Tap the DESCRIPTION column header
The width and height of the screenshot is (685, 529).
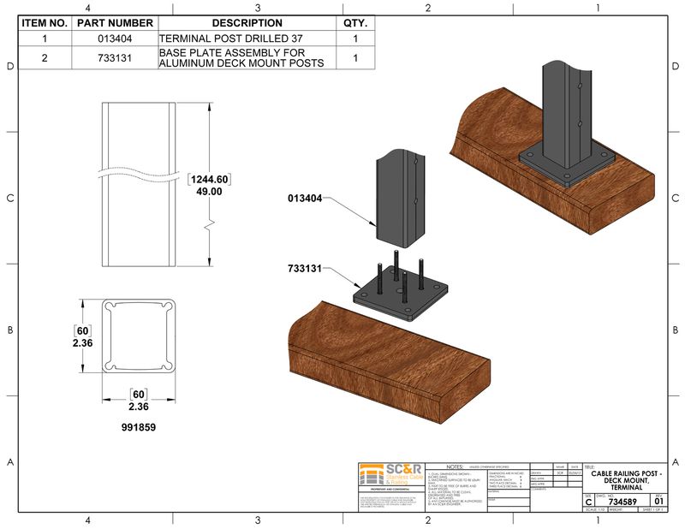246,23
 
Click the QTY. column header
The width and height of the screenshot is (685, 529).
354,23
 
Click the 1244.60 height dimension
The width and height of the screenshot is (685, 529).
210,179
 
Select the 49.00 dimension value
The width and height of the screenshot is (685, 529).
210,192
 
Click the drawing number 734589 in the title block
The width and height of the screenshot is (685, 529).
622,501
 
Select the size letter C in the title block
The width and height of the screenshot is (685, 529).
588,502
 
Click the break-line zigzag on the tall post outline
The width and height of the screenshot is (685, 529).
207,227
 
